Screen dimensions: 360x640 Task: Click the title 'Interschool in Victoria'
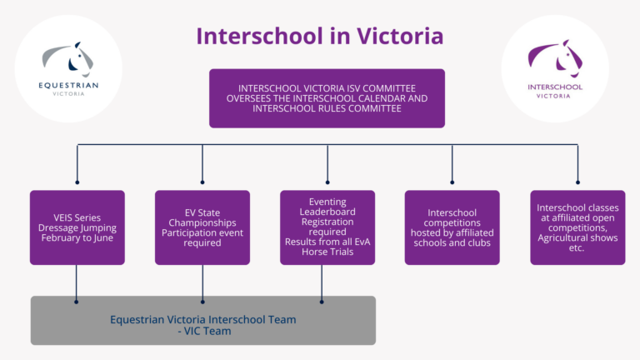click(x=319, y=37)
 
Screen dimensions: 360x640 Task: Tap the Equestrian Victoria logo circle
click(x=68, y=68)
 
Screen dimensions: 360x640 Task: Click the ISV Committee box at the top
click(x=327, y=97)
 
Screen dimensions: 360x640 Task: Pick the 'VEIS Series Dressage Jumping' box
click(x=77, y=227)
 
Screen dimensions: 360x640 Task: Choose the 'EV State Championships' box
click(x=202, y=227)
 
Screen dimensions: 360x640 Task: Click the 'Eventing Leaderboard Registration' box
click(x=327, y=227)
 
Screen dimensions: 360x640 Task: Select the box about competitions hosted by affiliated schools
click(x=452, y=227)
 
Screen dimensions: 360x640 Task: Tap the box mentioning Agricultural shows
click(x=577, y=227)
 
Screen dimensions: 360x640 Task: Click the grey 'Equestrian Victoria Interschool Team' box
click(x=203, y=320)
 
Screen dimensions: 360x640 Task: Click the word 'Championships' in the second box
click(x=202, y=222)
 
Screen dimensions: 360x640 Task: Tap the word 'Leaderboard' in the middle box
click(x=327, y=212)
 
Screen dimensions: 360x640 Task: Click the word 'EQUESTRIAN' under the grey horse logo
click(x=68, y=84)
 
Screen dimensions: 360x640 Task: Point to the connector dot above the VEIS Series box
click(x=77, y=182)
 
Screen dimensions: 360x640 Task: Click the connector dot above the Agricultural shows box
click(x=577, y=182)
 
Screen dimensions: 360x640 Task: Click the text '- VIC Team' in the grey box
click(x=203, y=330)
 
